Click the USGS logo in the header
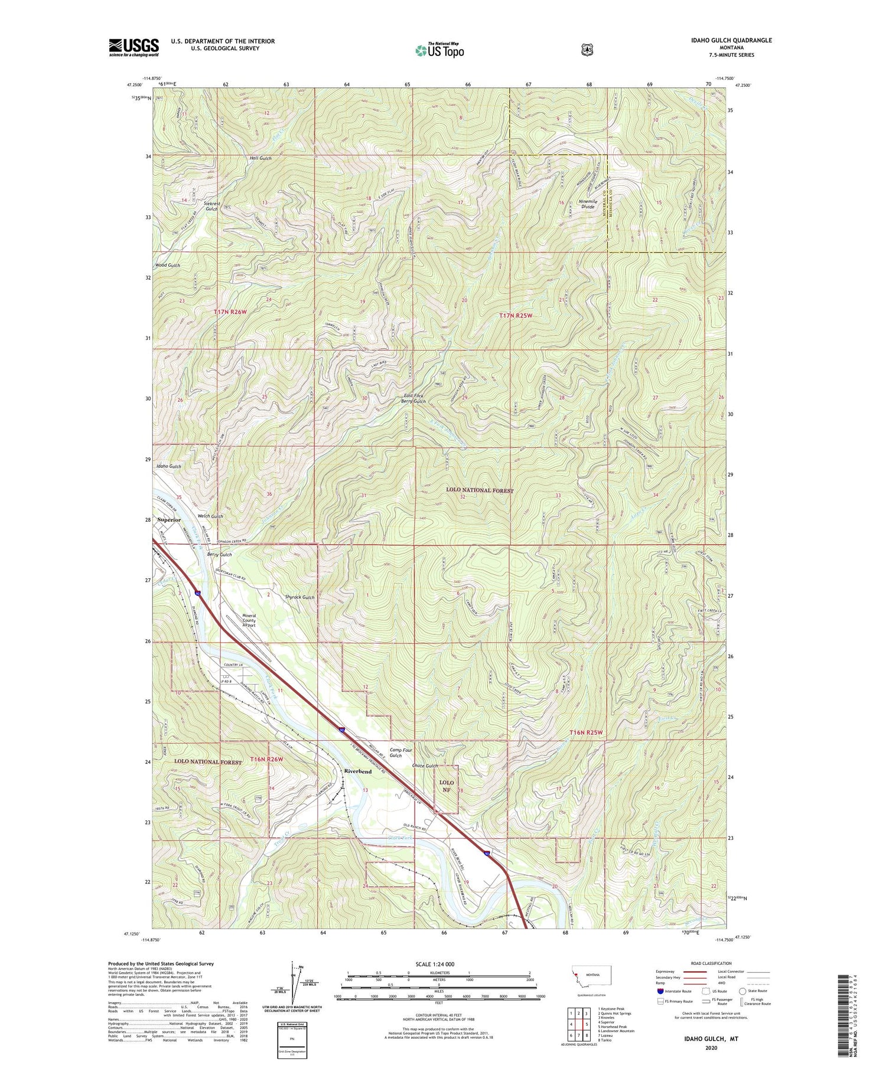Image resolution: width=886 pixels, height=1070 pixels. tap(133, 47)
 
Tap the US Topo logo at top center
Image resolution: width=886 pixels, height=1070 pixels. tap(439, 50)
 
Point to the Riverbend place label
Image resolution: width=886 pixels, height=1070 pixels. tap(357, 771)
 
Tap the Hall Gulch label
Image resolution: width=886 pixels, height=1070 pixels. tap(260, 158)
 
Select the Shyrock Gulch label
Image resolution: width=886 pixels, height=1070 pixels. tap(300, 597)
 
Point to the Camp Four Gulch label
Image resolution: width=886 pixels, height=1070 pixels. tap(396, 752)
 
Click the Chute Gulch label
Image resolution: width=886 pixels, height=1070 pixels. tap(425, 766)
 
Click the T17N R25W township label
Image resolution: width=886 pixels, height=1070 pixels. tap(516, 316)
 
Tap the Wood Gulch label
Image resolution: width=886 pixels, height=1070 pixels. tap(168, 266)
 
